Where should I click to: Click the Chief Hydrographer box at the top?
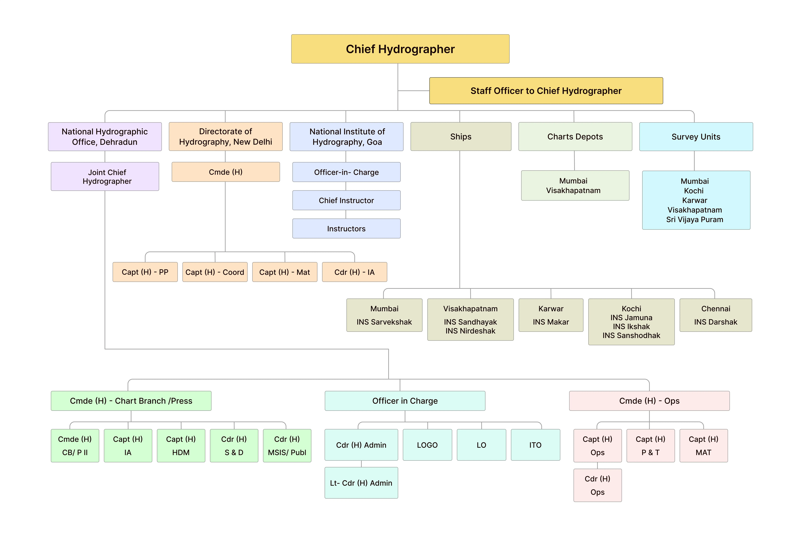400,49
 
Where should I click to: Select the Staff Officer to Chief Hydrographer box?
546,91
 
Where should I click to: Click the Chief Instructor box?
346,200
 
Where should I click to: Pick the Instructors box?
346,229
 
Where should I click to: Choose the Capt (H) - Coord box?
215,272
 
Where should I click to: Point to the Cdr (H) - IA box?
354,272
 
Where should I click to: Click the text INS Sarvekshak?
384,322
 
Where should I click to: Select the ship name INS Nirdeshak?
470,331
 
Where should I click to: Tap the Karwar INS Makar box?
551,315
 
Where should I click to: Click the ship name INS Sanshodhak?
631,336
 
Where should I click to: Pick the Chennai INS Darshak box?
716,315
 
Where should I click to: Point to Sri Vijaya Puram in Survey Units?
694,220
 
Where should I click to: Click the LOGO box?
427,445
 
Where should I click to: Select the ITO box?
535,445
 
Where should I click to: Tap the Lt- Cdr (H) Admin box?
361,483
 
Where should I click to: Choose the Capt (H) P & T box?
650,446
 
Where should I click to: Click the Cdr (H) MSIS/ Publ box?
287,446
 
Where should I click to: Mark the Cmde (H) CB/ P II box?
75,446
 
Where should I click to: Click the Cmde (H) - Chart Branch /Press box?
131,401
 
